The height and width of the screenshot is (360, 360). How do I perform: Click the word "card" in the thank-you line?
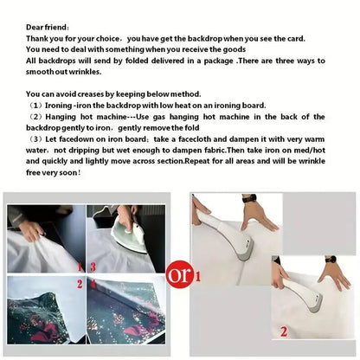coord(295,38)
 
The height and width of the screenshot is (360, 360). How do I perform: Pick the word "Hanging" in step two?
coord(61,117)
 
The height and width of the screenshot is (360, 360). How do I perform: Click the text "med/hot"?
coord(311,150)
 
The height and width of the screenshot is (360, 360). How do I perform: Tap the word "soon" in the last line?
coord(68,172)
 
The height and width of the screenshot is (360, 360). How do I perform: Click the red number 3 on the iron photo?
coord(93,267)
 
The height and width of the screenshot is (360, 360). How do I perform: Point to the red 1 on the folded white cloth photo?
coord(80,267)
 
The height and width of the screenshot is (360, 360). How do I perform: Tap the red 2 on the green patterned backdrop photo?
coord(80,284)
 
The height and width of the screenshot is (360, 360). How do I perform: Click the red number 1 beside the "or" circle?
coord(198,277)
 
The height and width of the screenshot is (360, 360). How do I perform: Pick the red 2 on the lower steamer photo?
coord(284,331)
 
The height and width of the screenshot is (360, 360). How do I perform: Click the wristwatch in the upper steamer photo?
coord(249,198)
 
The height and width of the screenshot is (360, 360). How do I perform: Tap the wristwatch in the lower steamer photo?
coord(331,259)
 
